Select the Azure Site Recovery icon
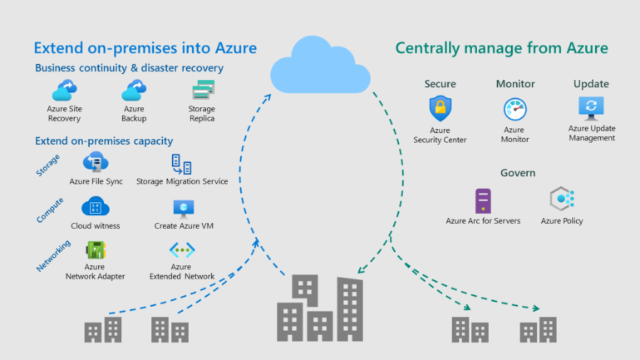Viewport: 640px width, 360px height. [x=64, y=90]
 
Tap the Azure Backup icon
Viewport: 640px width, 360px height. [x=134, y=90]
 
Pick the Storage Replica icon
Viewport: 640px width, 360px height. [x=202, y=90]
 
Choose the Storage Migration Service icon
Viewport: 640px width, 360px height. [x=181, y=163]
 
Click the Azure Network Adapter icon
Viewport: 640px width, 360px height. [x=95, y=249]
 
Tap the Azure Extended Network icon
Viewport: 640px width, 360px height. [x=181, y=249]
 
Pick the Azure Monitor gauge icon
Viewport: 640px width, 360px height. [x=514, y=110]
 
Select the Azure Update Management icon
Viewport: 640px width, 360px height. [x=591, y=108]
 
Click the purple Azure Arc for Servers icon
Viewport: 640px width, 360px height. [x=483, y=200]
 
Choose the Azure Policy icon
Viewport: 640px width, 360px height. [x=562, y=200]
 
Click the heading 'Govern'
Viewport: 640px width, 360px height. [x=518, y=173]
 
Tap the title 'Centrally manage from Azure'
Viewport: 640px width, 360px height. [x=501, y=48]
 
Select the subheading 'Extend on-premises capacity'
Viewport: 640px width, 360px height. [x=104, y=141]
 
